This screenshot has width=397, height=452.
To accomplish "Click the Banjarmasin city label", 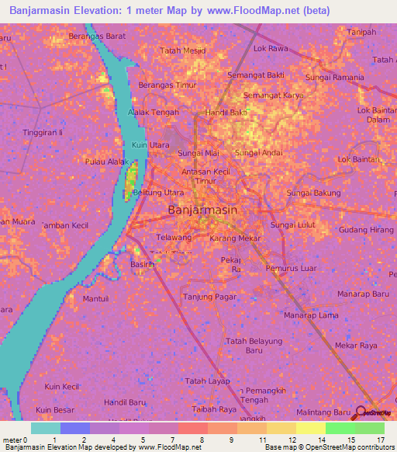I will [202, 210].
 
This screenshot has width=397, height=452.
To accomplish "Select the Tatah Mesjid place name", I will [182, 50].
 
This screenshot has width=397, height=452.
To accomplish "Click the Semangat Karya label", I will [274, 96].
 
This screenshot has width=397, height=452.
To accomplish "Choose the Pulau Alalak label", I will [107, 162].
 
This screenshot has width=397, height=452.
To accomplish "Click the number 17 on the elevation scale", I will [381, 440].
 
